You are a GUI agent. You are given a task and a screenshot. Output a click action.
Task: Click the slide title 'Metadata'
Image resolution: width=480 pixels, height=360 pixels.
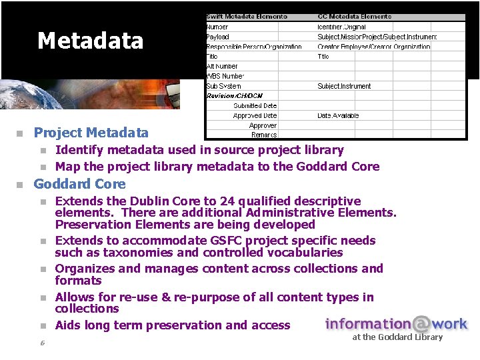coord(91,41)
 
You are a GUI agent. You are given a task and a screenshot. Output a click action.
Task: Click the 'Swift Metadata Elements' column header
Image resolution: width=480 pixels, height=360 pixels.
coord(247,17)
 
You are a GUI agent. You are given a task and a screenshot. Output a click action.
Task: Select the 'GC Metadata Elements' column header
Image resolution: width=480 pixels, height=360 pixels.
coord(355,17)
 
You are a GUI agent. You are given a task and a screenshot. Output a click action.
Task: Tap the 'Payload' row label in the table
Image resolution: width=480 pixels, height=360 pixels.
coord(217,37)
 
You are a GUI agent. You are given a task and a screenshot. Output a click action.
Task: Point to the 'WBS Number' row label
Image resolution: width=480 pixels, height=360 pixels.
coord(225,76)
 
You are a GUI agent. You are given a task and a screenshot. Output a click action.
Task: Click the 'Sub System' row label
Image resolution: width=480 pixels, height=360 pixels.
coord(223,86)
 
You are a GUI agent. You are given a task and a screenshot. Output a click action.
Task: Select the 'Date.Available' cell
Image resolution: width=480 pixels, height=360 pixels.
coord(338,115)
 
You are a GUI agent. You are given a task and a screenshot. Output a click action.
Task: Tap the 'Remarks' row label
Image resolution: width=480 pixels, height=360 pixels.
coord(264,135)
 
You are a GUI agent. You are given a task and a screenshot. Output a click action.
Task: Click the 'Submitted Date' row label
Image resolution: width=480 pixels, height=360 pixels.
coord(255,105)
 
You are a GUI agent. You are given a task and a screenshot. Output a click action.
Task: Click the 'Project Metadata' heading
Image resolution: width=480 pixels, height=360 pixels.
coord(91,133)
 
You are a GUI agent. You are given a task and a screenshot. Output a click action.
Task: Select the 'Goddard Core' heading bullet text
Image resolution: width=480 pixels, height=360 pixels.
coord(79,183)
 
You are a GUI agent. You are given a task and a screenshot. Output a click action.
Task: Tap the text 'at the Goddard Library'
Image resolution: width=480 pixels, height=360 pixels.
coord(397,337)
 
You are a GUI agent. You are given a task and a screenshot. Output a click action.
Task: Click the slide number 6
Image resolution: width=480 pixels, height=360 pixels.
coord(41,343)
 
